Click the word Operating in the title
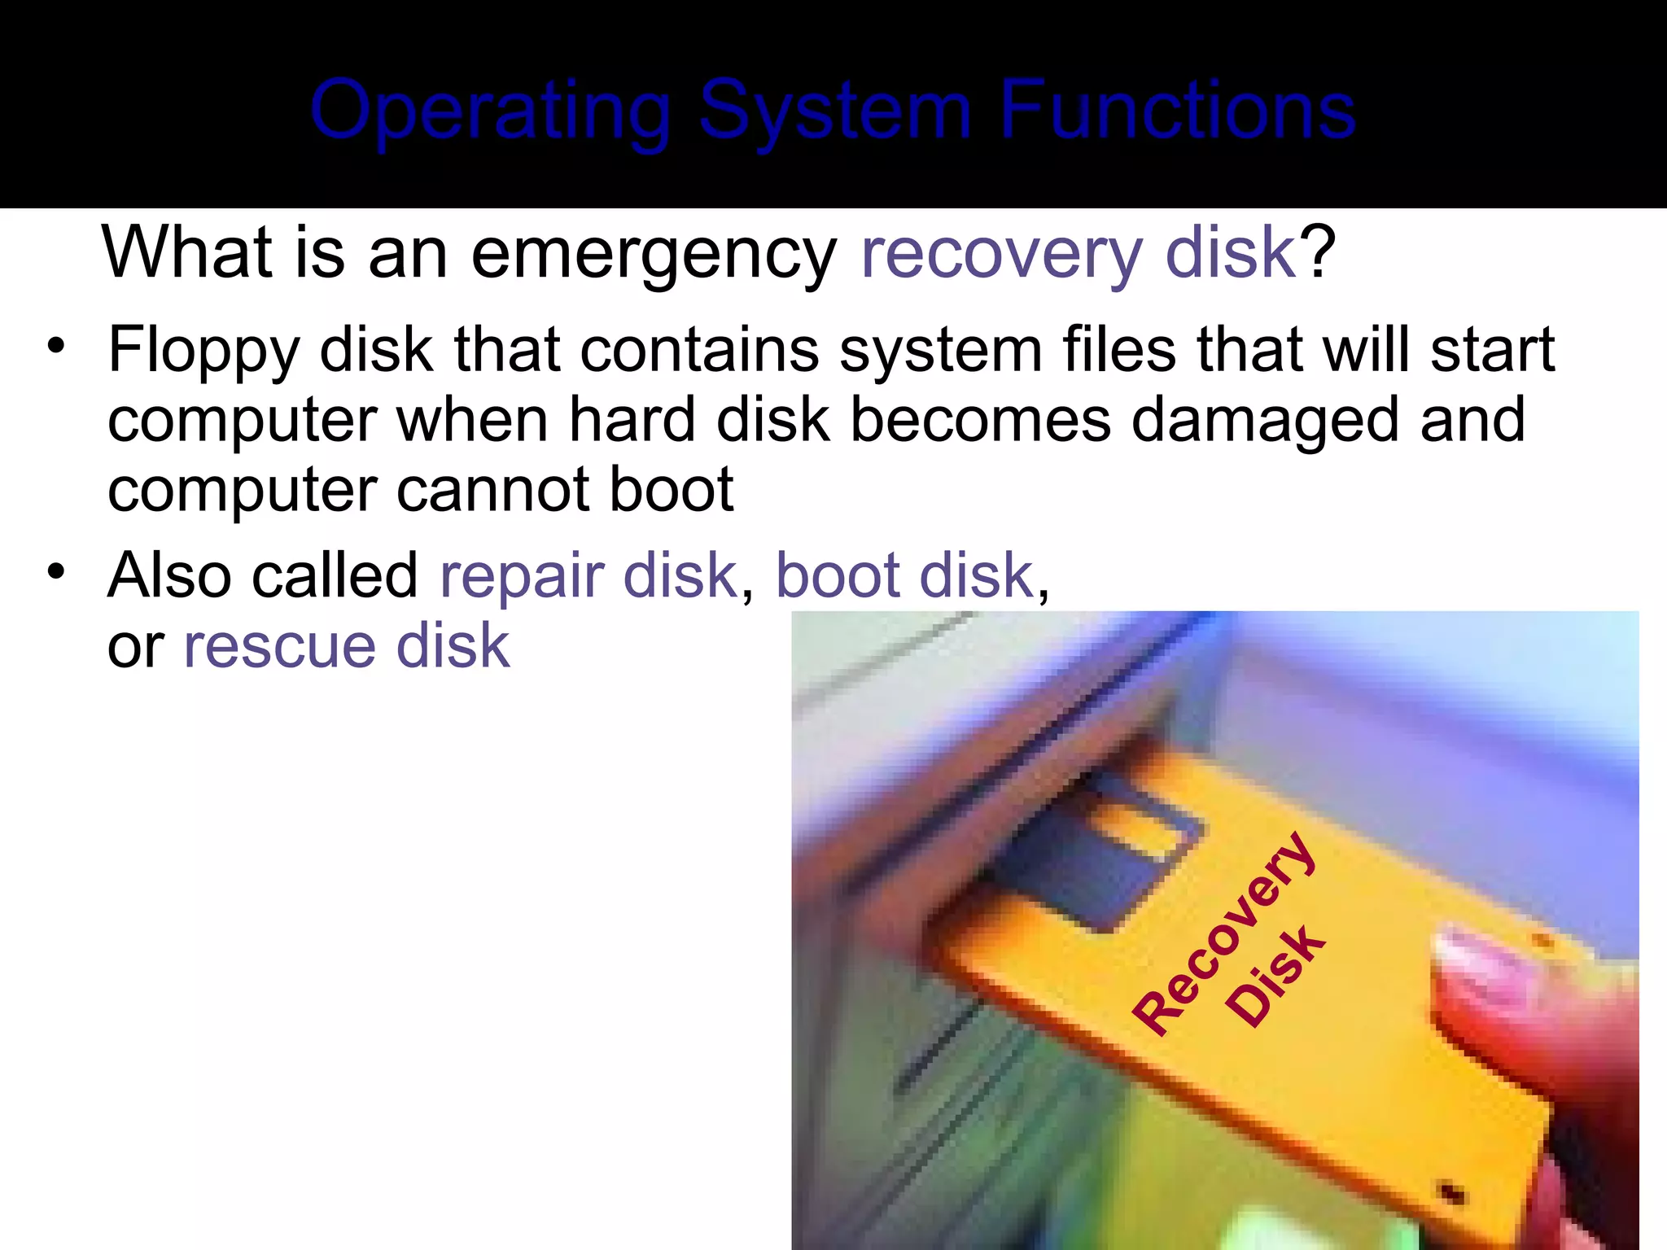(490, 111)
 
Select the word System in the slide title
(835, 111)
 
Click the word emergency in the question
(654, 254)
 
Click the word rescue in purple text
(278, 646)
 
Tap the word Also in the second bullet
(169, 576)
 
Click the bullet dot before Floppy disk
(55, 347)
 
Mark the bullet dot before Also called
(55, 571)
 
